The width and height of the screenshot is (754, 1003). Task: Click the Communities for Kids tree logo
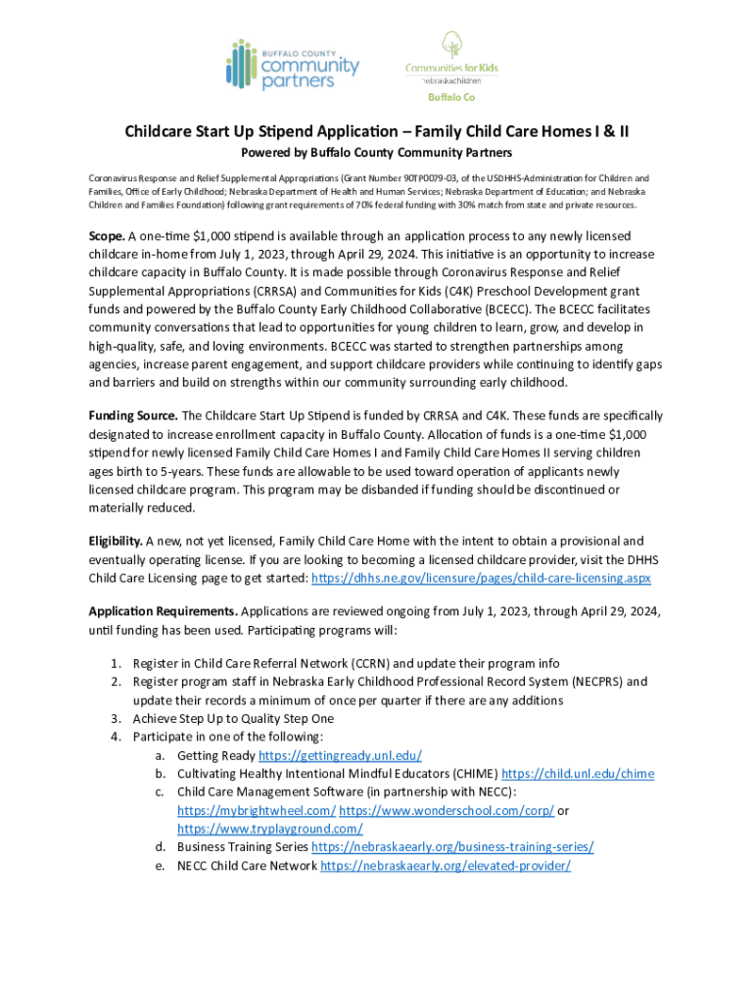pos(450,64)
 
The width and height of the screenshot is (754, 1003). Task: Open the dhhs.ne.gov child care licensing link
pos(481,578)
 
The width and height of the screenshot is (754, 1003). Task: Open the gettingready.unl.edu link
pos(340,755)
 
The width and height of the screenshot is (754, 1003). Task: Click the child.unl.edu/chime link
pos(578,774)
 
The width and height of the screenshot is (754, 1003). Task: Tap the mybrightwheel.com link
pos(257,810)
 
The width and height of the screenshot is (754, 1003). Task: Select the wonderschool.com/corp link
pos(447,810)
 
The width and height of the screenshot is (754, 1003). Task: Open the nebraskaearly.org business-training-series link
pos(452,847)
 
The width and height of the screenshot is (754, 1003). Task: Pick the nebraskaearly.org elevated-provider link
pos(446,866)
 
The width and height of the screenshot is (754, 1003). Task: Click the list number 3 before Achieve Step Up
pos(115,718)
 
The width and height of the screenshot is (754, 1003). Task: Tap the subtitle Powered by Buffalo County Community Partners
pos(376,153)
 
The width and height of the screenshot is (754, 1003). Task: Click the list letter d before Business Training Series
pos(159,847)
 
